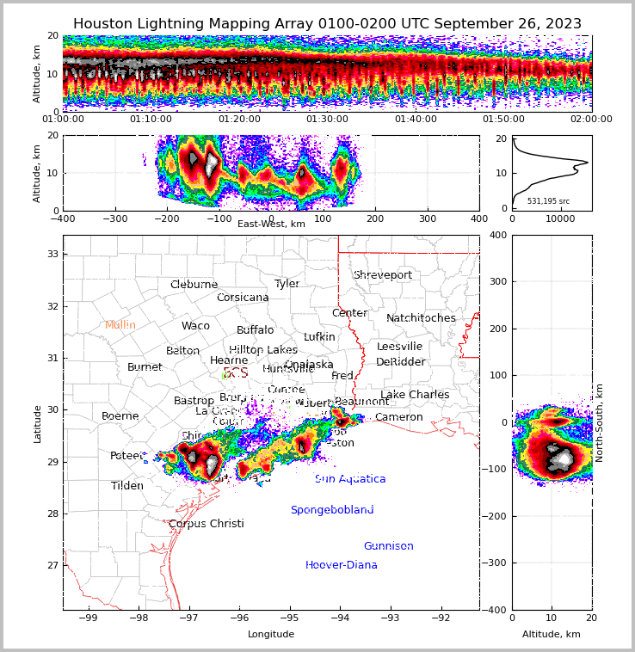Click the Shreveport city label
pos(382,275)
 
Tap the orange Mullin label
pos(120,325)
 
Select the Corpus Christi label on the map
pos(207,524)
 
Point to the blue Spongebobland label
pos(332,510)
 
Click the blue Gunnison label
pos(388,546)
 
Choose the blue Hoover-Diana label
pos(342,565)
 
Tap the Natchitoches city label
pos(421,318)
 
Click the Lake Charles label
pos(415,395)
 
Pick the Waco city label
pos(195,326)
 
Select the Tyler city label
pos(287,284)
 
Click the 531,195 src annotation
pos(548,201)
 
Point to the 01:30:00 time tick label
pos(327,120)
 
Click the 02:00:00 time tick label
pos(591,120)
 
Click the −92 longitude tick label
pos(440,618)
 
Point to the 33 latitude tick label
pos(52,255)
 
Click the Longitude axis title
pos(271,634)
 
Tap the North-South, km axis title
pos(600,422)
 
